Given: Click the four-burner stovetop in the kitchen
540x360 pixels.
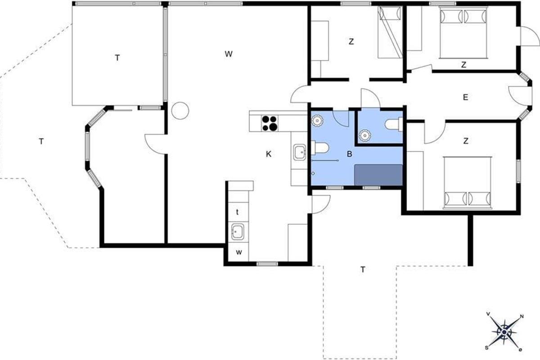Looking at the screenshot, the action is point(270,123).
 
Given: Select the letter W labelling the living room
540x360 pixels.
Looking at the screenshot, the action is point(229,54).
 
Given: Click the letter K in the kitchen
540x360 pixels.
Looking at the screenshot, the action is point(269,154).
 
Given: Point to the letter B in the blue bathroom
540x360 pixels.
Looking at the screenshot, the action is point(349,154).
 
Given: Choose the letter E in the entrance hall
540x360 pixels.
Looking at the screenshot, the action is point(465,97).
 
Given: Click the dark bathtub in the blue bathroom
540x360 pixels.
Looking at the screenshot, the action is point(378,175).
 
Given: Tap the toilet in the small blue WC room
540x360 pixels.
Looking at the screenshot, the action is point(394,124).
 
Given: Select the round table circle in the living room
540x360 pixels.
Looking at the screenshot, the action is point(180,111).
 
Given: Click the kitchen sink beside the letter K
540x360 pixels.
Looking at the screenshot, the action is point(300,152).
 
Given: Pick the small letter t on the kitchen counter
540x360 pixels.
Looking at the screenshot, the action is point(238,212).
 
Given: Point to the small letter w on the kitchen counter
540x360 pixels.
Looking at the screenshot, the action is point(238,252).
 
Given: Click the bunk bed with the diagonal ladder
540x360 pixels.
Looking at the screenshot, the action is point(390,32).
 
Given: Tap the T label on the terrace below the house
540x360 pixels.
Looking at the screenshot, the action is point(363,270).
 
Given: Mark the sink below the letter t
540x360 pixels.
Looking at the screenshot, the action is point(238,231).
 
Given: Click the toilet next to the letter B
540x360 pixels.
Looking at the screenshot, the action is point(320,148).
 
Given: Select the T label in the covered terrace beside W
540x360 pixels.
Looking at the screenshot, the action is point(117,58).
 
